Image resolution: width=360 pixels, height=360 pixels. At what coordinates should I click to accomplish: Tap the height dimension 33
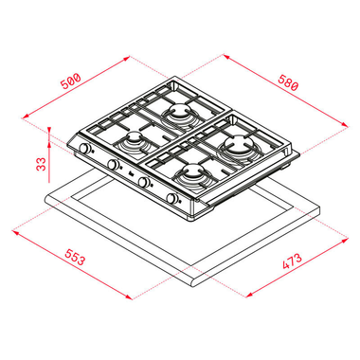[x=39, y=162]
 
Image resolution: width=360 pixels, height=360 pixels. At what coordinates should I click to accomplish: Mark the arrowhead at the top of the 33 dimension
[x=48, y=128]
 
